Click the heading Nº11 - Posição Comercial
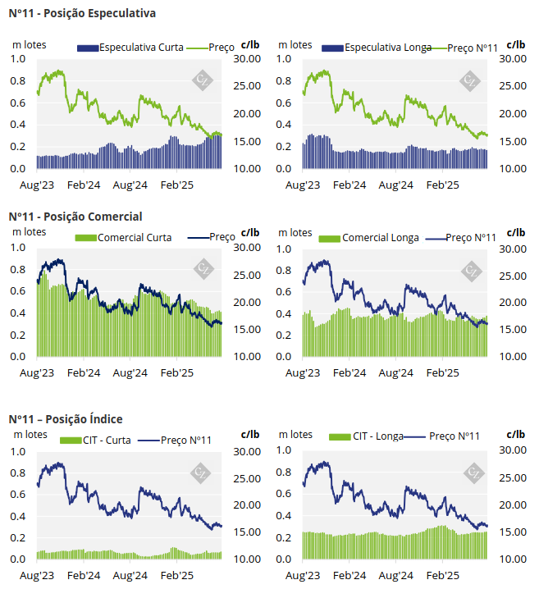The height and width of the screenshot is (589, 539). click(75, 217)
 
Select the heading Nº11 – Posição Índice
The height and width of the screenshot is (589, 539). click(66, 418)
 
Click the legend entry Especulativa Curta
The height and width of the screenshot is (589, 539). click(140, 48)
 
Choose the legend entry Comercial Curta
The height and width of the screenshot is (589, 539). click(134, 237)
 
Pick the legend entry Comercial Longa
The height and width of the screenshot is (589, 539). click(380, 238)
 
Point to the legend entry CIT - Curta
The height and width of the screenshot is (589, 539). click(106, 441)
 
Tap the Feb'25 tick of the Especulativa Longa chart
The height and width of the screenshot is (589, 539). click(444, 185)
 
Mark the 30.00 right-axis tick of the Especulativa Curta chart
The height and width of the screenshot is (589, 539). click(247, 59)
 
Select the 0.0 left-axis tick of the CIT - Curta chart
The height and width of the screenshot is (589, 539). click(18, 559)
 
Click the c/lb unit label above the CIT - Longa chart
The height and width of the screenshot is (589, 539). click(516, 434)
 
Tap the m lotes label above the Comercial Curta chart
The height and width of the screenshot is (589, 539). click(30, 232)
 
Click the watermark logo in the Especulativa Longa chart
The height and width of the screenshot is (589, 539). click(470, 80)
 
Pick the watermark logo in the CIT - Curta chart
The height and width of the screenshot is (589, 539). click(201, 473)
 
